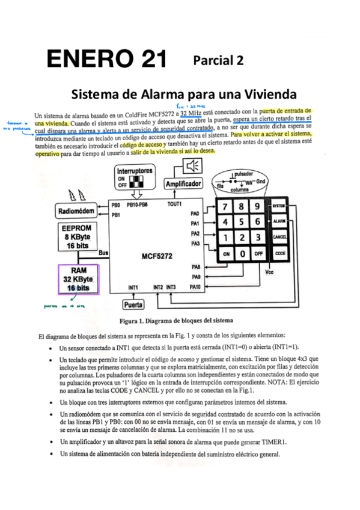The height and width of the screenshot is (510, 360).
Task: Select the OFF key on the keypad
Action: click(x=257, y=253)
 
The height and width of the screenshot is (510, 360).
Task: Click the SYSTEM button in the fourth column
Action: click(x=279, y=206)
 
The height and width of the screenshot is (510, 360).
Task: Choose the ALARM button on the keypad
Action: click(x=279, y=221)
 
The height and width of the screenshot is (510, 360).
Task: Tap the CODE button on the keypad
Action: click(x=279, y=253)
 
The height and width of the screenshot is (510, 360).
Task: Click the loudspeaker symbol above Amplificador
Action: click(x=193, y=166)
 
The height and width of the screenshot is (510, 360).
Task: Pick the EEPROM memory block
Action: click(x=76, y=237)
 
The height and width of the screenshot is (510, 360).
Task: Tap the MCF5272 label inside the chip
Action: click(x=157, y=256)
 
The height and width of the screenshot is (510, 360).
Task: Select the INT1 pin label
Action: click(x=133, y=287)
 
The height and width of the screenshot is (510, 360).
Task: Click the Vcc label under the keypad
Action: click(x=269, y=271)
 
